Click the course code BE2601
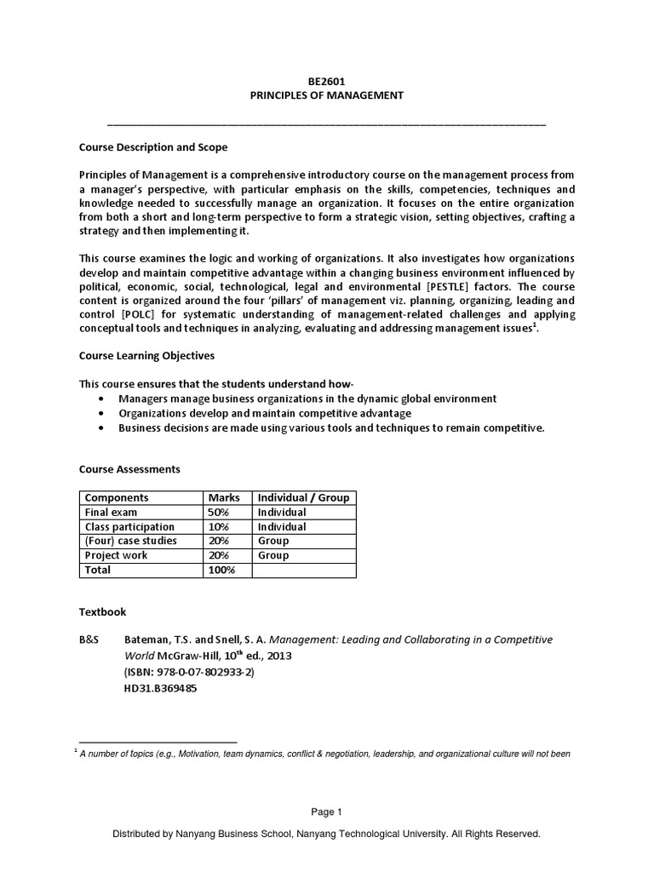coord(326,82)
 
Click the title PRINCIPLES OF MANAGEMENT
coord(326,96)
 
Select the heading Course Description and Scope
coord(153,147)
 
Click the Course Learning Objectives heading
coord(146,355)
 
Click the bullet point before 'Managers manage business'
coord(102,399)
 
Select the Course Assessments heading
coord(129,469)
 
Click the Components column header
coord(117,498)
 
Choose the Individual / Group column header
coord(303,498)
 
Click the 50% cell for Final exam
coord(219,513)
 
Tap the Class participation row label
coord(129,527)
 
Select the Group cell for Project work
coord(273,555)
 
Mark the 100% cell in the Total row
coord(221,570)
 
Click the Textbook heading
coord(102,611)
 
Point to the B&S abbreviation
coord(90,640)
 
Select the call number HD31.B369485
coord(161,688)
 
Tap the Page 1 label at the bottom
coord(326,812)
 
